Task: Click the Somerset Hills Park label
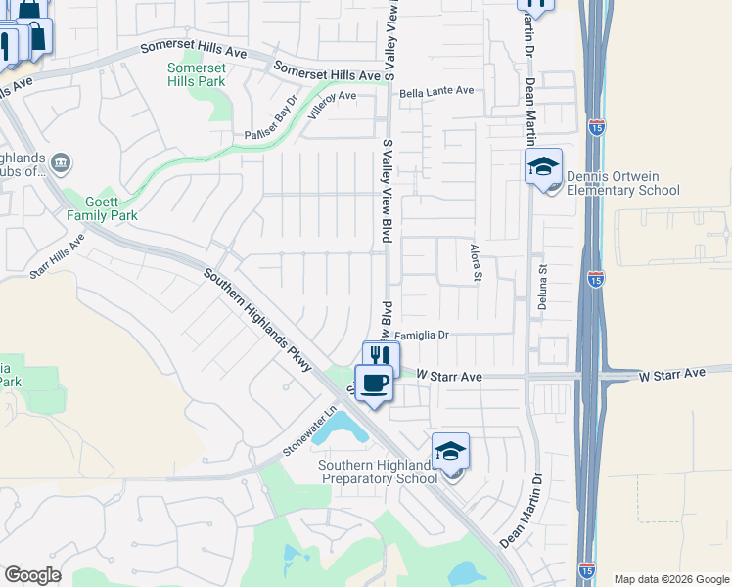coord(196,74)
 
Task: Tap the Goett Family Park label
coord(102,207)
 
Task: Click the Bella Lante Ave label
coord(435,91)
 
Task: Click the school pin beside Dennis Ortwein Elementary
coord(543,168)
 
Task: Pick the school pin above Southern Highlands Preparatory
coord(450,451)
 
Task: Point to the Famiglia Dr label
coord(421,335)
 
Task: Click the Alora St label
coord(478,262)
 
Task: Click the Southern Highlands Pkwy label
coord(257,320)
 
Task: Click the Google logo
coord(32,574)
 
